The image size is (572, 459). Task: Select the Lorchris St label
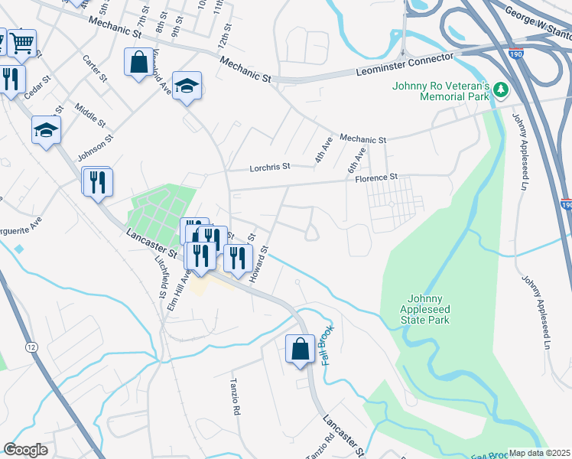tap(271, 166)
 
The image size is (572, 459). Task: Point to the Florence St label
tap(377, 177)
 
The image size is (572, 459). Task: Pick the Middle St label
tap(90, 112)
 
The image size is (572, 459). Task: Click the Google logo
tap(25, 450)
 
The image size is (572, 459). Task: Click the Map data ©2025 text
tap(540, 453)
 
